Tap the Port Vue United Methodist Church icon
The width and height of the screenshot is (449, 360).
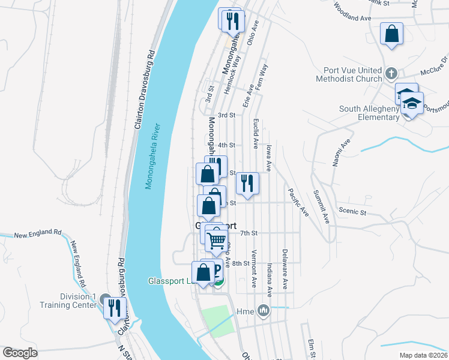click(x=391, y=73)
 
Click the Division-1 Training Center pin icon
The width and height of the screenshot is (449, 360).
click(x=106, y=300)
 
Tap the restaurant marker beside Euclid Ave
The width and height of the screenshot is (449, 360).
click(x=247, y=182)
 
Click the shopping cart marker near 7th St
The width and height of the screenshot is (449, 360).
click(x=216, y=241)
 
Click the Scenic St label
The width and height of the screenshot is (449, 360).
click(x=352, y=211)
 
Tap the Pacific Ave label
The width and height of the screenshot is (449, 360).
click(x=298, y=202)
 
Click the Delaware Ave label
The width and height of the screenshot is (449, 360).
click(x=285, y=270)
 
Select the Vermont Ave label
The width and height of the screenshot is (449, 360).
click(x=255, y=269)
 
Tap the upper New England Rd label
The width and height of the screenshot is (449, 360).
click(x=38, y=233)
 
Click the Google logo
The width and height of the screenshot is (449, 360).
click(x=20, y=353)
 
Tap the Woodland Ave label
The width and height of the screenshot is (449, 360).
click(x=352, y=14)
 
